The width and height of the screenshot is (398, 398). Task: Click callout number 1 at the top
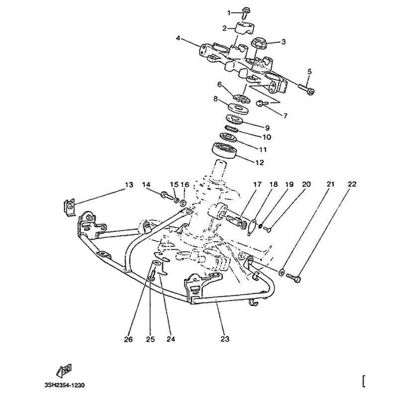[x=229, y=12]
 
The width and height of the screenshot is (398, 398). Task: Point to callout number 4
[x=178, y=37]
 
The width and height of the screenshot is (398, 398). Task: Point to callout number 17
[x=257, y=185]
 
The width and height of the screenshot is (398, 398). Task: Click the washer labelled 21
[x=282, y=273]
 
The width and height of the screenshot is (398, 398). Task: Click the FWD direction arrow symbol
[x=65, y=371]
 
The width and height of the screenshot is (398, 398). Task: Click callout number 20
[x=306, y=185]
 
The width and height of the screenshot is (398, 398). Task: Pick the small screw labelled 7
[x=260, y=103]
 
